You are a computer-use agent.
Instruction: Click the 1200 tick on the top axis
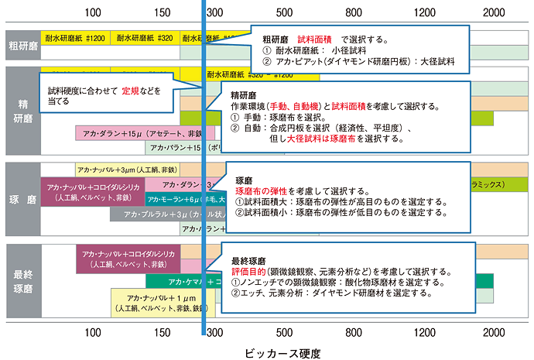coord(425,13)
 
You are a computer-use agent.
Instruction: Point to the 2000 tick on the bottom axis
coord(495,333)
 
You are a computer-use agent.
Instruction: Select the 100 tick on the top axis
coord(92,13)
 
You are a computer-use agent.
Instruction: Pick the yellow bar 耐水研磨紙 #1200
coord(75,37)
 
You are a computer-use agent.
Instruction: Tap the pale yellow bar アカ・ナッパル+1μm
coord(159,302)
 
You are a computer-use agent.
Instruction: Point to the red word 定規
coord(130,90)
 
